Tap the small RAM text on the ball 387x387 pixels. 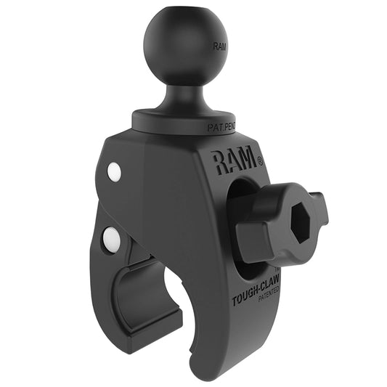click(219, 46)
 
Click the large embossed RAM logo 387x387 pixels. click(234, 160)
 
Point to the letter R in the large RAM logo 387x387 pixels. click(220, 160)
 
